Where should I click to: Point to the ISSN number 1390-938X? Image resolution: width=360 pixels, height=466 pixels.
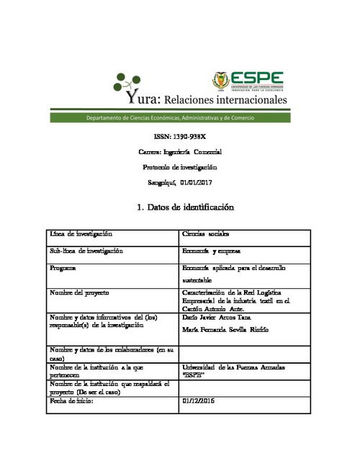tap(180, 136)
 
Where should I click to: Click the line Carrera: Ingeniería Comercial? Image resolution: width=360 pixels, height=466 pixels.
tap(180, 152)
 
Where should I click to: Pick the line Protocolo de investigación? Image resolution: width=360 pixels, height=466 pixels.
tap(180, 167)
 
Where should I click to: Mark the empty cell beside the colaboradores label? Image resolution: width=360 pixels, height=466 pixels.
tap(244, 354)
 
